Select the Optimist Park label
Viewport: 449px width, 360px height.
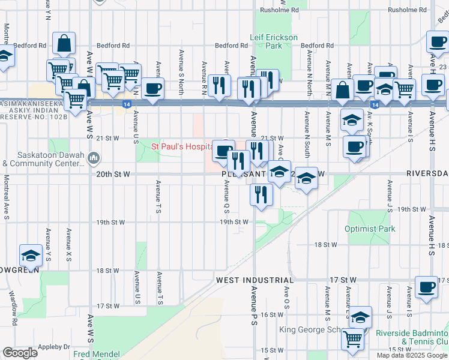coord(370,229)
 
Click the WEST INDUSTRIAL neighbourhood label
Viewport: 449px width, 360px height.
coord(255,280)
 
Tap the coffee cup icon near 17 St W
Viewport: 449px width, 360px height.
coord(427,287)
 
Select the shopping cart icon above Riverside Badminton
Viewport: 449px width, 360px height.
coord(353,339)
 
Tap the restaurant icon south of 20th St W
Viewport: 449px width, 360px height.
coord(262,194)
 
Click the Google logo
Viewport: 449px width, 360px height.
coord(20,352)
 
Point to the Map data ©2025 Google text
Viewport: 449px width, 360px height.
coord(412,355)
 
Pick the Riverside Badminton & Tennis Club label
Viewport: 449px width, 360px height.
coord(412,337)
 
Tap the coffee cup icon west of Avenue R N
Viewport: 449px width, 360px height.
coord(152,88)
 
